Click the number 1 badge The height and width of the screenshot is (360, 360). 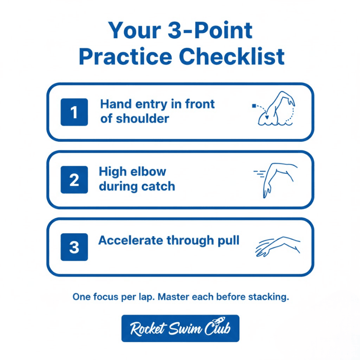click(74, 112)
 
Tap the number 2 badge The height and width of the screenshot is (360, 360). click(74, 180)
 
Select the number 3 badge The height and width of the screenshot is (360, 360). click(74, 247)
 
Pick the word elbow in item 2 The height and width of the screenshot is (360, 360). click(147, 171)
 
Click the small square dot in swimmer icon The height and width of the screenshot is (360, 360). click(254, 106)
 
